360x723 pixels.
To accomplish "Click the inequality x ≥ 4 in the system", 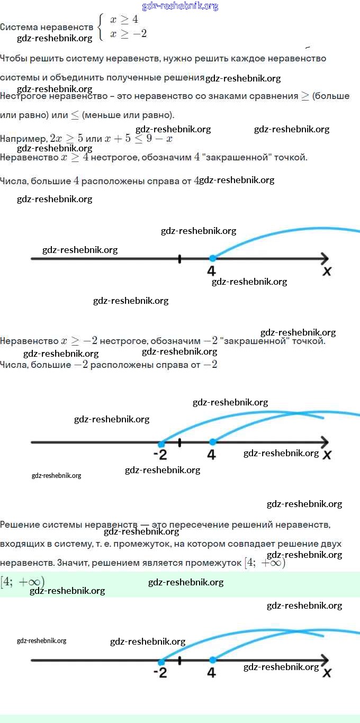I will coord(124,20).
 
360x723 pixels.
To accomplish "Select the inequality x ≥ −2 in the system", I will coord(128,34).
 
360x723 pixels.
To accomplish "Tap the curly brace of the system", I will coord(101,27).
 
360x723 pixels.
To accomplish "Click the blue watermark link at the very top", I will coord(180,6).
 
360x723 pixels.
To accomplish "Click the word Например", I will coord(23,139).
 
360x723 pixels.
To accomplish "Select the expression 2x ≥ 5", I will coord(66,138).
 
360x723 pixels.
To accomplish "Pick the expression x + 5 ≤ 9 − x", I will coord(138,138).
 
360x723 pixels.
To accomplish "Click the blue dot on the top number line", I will coord(212,258).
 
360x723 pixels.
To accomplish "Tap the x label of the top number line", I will coord(327,271).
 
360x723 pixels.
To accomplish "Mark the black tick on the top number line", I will coord(179,258).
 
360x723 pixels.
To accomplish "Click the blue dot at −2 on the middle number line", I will coord(161,442).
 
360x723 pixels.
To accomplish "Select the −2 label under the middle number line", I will coord(160,455).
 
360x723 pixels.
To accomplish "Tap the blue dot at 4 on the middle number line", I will coord(212,442).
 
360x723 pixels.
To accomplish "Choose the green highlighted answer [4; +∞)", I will coord(22,582).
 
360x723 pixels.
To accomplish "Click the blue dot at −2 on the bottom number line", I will coord(161,661).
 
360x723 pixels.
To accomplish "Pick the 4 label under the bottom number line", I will coord(211,673).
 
